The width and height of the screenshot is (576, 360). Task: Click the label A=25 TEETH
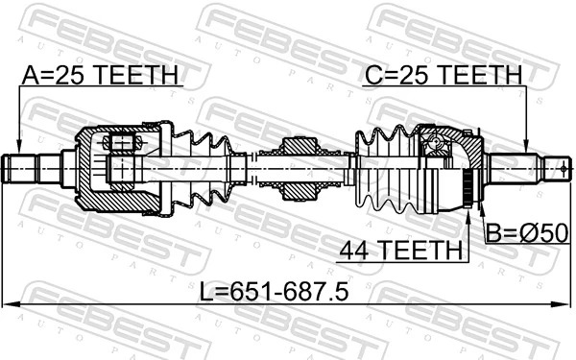pyautogui.click(x=101, y=75)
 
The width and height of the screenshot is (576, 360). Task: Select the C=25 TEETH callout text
pyautogui.click(x=442, y=75)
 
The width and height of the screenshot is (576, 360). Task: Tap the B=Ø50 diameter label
pyautogui.click(x=526, y=233)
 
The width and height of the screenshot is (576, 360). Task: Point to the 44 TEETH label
pyautogui.click(x=399, y=251)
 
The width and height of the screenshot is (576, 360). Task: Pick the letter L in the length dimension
pyautogui.click(x=206, y=291)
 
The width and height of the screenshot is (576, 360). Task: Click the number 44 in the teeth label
pyautogui.click(x=353, y=251)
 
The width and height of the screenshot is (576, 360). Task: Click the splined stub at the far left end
pyautogui.click(x=24, y=170)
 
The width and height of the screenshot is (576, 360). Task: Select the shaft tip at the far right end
pyautogui.click(x=554, y=170)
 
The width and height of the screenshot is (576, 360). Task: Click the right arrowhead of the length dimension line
pyautogui.click(x=565, y=304)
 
